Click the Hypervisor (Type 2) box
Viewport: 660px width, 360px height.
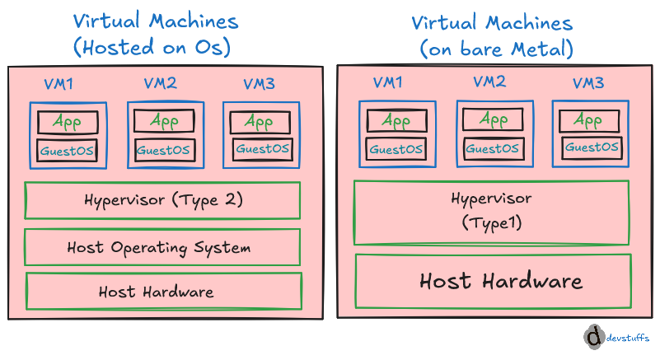click(162, 200)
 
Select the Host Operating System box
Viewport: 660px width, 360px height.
click(162, 247)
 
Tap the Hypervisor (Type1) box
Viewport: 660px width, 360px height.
click(492, 213)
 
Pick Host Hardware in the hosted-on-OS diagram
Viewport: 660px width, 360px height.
click(164, 292)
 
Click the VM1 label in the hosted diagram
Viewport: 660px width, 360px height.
click(59, 84)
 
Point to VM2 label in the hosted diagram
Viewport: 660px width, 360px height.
click(161, 83)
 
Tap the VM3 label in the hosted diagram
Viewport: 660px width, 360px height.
click(260, 84)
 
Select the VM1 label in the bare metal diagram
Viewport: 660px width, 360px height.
click(387, 82)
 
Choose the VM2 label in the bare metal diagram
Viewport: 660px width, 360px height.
click(489, 82)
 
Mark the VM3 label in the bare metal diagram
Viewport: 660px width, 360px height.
click(588, 83)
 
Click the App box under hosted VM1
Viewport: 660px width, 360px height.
click(68, 122)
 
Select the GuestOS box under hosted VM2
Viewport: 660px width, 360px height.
click(165, 150)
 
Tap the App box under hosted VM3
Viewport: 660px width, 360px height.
click(260, 123)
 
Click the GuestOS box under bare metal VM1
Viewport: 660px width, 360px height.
click(396, 149)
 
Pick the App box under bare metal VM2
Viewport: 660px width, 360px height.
click(493, 119)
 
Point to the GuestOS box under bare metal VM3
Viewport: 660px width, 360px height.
click(592, 147)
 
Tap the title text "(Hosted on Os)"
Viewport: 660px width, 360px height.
click(152, 47)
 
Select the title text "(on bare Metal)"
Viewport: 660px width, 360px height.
click(497, 49)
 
